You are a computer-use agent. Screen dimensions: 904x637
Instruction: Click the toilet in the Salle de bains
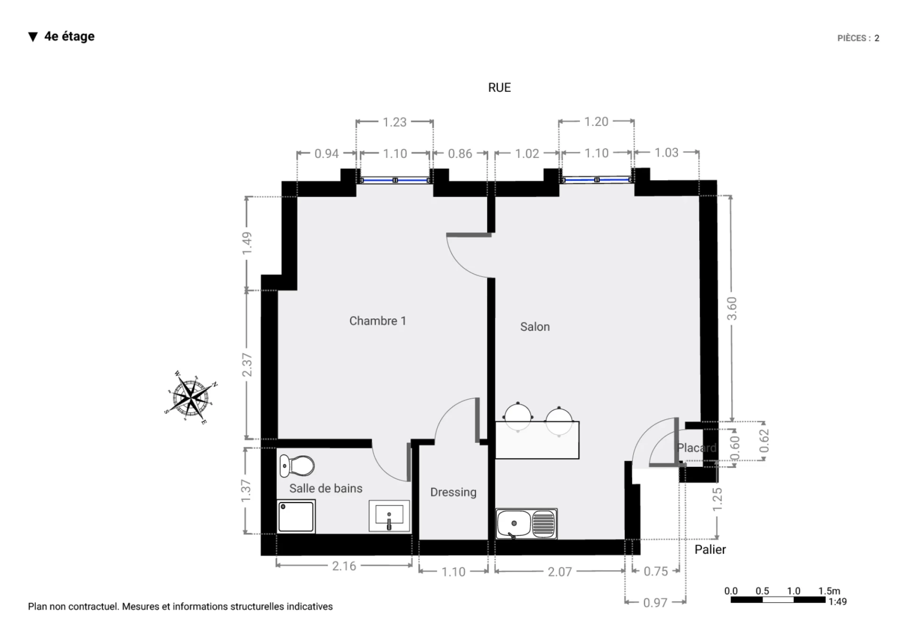297,466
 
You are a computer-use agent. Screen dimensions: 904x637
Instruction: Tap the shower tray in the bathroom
296,516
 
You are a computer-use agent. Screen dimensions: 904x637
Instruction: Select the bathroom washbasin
389,516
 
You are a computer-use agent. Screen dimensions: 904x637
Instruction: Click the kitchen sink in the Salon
526,523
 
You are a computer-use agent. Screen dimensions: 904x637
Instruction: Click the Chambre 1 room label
377,321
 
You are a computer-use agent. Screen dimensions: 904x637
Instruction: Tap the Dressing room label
453,492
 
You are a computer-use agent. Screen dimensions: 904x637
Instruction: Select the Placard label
697,448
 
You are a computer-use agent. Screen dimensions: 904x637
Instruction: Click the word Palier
710,549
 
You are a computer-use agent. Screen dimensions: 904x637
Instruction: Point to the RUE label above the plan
500,88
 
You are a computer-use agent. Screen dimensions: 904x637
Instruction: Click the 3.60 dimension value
732,309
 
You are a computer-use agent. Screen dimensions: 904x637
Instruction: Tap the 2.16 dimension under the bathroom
344,566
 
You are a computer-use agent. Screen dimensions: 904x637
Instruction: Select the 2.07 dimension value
559,572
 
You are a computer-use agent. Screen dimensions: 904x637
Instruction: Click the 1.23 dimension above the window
394,122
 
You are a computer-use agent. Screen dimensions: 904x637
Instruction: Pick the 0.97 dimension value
655,603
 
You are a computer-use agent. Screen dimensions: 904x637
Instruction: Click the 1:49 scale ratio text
838,602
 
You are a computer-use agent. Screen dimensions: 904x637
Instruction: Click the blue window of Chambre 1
395,180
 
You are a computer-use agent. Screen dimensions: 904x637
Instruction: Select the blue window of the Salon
597,180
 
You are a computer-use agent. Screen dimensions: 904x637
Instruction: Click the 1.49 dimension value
247,243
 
